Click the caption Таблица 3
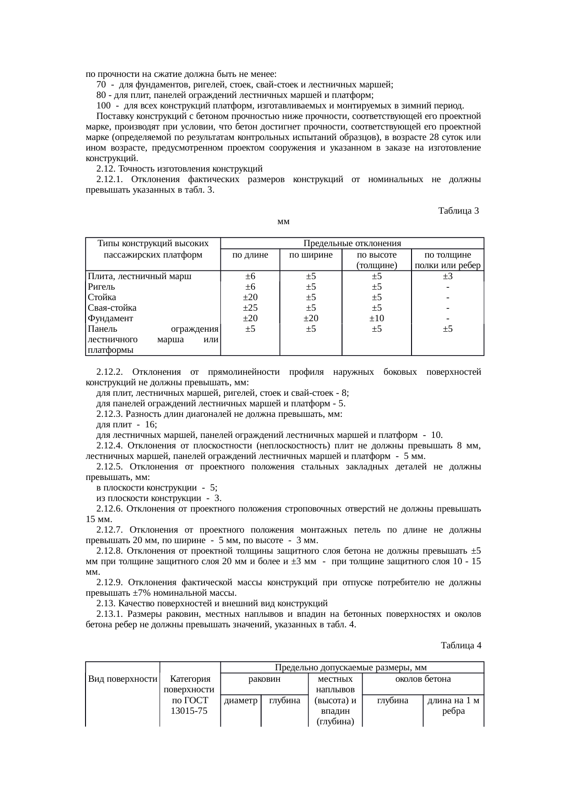pyautogui.click(x=458, y=211)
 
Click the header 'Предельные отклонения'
pyautogui.click(x=352, y=243)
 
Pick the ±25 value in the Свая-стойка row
pyautogui.click(x=250, y=307)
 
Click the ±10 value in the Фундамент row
pyautogui.click(x=377, y=318)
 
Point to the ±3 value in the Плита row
pyautogui.click(x=448, y=276)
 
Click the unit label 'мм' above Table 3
pyautogui.click(x=284, y=221)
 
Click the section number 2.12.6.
pyautogui.click(x=110, y=509)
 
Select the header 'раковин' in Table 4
pyautogui.click(x=264, y=679)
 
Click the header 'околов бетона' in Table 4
pyautogui.click(x=423, y=679)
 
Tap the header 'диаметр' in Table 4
pyautogui.click(x=241, y=701)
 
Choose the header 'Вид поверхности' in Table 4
pyautogui.click(x=123, y=679)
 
